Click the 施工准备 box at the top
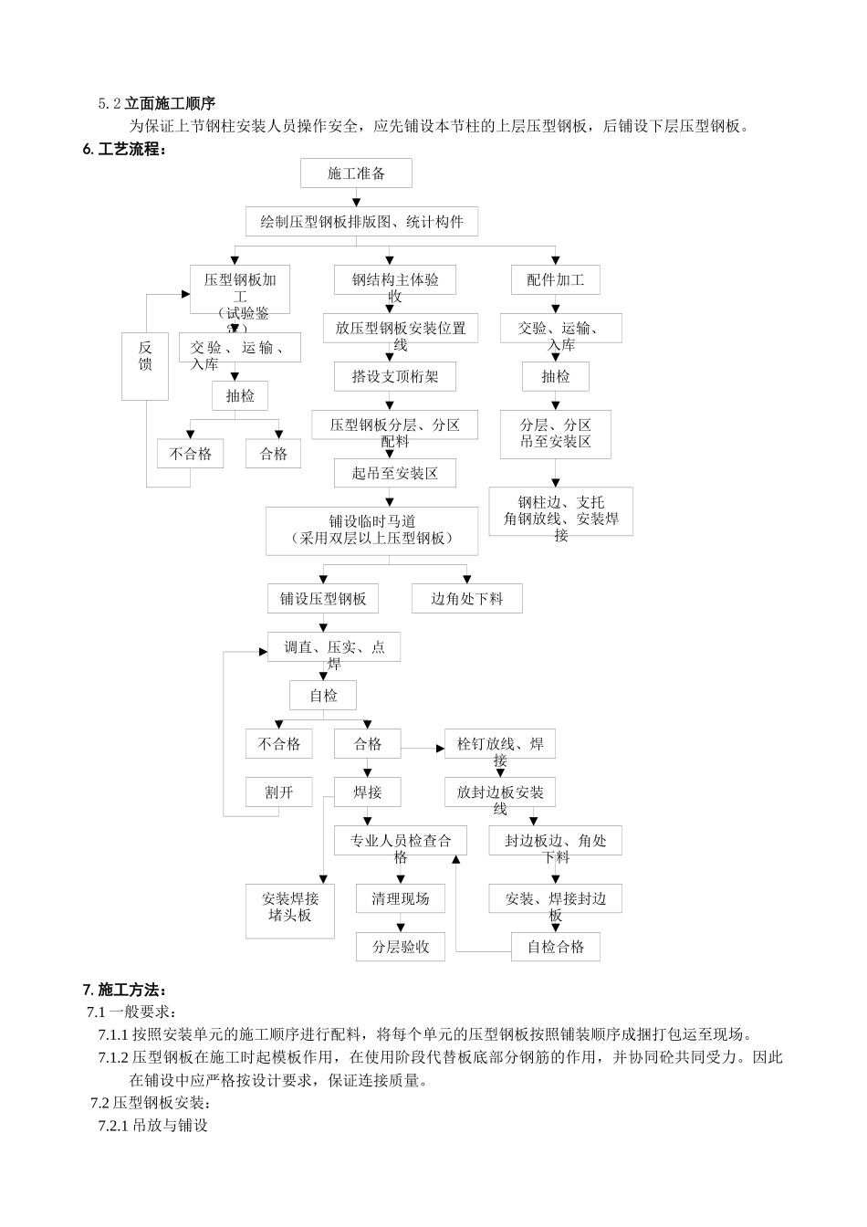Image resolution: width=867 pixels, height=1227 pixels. coord(356,173)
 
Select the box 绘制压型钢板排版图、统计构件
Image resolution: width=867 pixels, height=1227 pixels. coord(361,222)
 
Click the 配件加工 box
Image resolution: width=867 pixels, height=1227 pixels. coord(555,280)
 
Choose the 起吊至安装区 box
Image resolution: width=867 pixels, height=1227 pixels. coord(394,473)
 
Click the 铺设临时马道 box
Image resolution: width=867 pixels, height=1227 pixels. coord(371,530)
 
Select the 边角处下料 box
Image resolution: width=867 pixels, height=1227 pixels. coord(466,599)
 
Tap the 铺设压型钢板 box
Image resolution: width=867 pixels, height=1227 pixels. coord(323,599)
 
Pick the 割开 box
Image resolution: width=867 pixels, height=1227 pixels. coord(279,792)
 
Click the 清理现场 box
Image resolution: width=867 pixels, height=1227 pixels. coord(400,898)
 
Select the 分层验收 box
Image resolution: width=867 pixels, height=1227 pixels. coord(400,947)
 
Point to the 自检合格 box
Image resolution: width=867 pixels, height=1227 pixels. coord(555,947)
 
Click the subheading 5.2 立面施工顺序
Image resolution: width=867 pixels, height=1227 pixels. coord(156,104)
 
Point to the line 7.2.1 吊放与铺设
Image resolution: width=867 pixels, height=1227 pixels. coord(153,1126)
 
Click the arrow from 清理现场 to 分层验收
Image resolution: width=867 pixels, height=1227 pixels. coord(400,923)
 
